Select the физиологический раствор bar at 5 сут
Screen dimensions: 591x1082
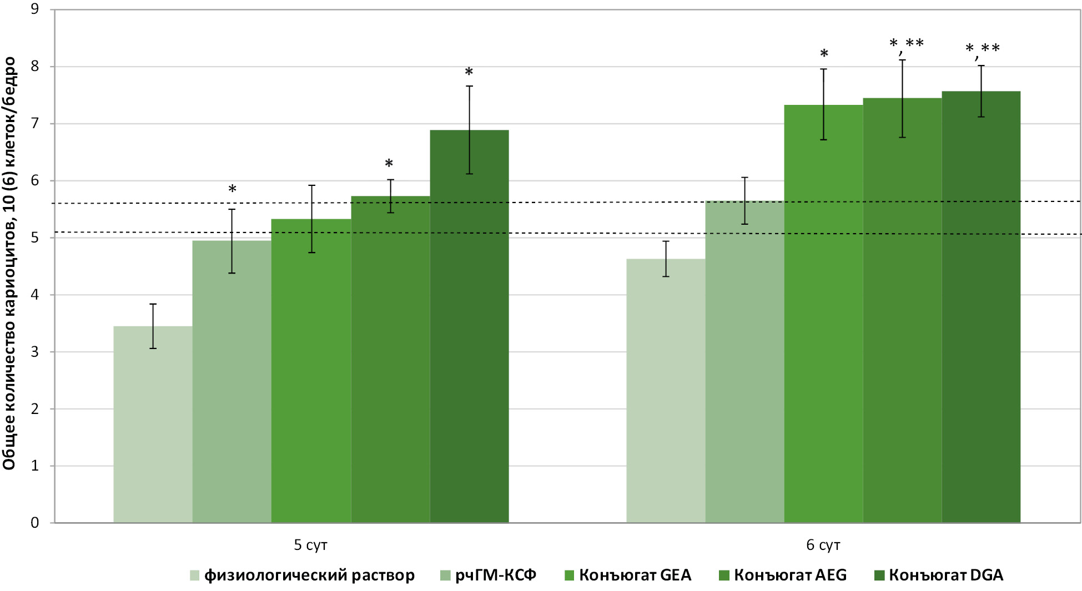click(153, 425)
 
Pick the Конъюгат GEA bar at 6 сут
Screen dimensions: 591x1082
click(823, 314)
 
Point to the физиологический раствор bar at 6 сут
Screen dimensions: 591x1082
click(666, 391)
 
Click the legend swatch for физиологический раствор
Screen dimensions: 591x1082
click(194, 575)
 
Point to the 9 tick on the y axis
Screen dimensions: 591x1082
click(35, 9)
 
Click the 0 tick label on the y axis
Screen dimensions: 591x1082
click(35, 523)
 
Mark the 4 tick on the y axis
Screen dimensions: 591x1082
click(35, 295)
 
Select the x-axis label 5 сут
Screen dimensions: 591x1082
click(310, 545)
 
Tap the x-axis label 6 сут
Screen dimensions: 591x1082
click(823, 545)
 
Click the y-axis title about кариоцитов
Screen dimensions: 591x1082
click(9, 264)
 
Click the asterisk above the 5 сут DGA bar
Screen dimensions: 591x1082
click(469, 73)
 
